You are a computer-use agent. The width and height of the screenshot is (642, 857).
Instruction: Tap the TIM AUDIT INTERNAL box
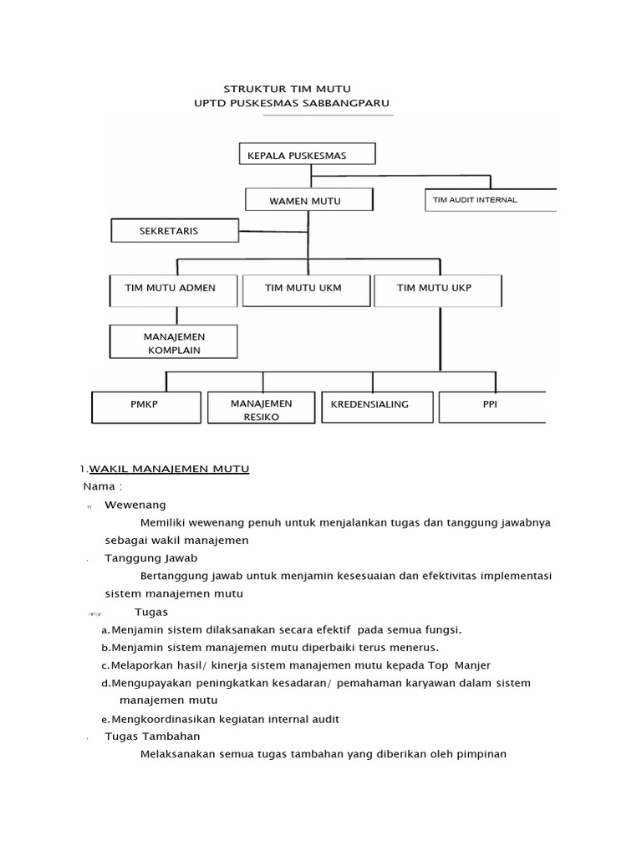point(491,199)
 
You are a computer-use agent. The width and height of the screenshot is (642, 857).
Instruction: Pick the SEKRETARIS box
point(175,231)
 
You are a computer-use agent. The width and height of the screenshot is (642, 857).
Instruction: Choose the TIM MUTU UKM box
point(305,289)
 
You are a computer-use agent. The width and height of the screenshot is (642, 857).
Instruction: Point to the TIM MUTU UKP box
point(437,289)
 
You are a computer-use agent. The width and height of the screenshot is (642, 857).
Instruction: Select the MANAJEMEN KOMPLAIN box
point(174,342)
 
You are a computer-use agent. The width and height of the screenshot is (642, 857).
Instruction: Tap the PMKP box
point(147,407)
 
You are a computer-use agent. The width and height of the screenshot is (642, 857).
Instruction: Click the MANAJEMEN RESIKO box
point(262,408)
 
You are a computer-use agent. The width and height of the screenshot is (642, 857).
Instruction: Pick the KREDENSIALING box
point(378,406)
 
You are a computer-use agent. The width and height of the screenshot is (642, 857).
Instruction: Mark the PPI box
point(490,406)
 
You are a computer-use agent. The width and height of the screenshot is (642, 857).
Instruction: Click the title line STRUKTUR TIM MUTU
point(287,89)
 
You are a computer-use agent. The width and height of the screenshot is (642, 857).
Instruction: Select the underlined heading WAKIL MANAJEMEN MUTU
point(169,469)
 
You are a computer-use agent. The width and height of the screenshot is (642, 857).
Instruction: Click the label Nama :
point(103,486)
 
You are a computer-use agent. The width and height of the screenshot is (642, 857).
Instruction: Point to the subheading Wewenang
point(135,505)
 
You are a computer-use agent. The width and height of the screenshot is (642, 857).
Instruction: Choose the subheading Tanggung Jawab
point(150,557)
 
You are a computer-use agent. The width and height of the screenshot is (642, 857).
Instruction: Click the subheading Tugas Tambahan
point(152,736)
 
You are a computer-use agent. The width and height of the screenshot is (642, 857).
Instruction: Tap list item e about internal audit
point(221,719)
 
